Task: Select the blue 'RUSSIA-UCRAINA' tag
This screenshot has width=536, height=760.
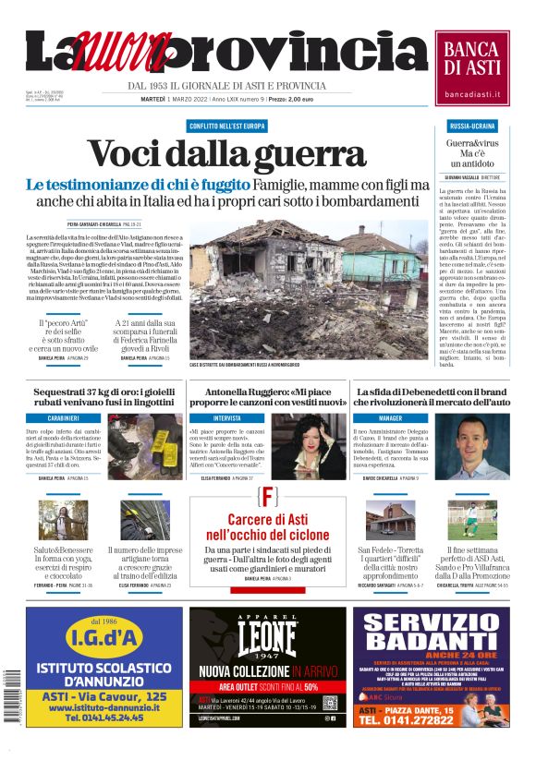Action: [x=472, y=125]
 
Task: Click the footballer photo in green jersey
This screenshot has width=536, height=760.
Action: [x=484, y=520]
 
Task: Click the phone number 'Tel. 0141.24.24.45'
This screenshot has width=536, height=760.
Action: [x=104, y=716]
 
